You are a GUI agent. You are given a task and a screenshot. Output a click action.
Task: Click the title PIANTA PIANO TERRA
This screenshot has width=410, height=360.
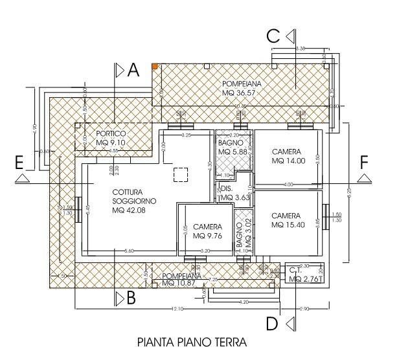click(x=192, y=341)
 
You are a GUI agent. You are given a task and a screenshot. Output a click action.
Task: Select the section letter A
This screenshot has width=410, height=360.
click(x=133, y=71)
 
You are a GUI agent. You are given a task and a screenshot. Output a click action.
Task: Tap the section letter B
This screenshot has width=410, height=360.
click(x=131, y=298)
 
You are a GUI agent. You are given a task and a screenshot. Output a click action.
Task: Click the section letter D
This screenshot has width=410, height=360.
click(x=273, y=322)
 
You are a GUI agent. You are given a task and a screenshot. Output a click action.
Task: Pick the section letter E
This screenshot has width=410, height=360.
click(x=21, y=161)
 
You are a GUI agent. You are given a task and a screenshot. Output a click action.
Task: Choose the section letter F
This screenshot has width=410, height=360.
click(x=365, y=161)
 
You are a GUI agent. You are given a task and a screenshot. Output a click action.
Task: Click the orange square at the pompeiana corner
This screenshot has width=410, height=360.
click(x=155, y=66)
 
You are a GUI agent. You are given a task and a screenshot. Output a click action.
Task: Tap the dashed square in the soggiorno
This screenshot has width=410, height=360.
click(x=181, y=174)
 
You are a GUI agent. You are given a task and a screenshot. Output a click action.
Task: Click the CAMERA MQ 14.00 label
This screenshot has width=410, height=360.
click(x=286, y=156)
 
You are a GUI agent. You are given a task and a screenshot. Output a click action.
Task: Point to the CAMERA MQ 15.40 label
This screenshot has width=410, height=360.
click(x=286, y=220)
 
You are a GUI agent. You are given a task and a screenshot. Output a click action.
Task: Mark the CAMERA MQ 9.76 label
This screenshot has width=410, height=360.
click(x=207, y=232)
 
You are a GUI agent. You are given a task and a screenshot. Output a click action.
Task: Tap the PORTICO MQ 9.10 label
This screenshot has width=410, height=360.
click(x=111, y=138)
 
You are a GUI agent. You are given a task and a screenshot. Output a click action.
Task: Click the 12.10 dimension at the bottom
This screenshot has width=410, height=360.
click(x=177, y=308)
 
